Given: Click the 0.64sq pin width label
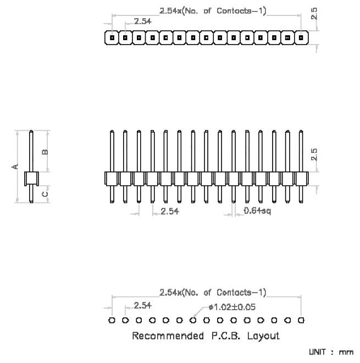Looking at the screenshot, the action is pos(257,211).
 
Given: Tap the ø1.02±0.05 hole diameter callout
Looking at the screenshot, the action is pos(232,307).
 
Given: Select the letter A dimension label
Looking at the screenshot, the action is pos(15,167).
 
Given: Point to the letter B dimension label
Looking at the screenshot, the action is pos(45,152).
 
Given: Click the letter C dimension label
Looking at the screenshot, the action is pos(45,194).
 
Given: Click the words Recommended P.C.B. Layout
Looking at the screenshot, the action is pos(206,335).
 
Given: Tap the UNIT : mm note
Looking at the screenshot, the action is pos(331,352).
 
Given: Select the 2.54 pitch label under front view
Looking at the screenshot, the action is pos(170,211).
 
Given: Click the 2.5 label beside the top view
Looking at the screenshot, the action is pos(314,14).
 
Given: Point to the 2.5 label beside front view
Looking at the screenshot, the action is pos(314,155).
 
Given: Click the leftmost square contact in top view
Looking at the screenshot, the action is pos(112,37).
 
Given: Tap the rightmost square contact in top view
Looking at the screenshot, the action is pos(301,37).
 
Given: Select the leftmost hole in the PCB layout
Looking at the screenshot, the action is pos(112,321).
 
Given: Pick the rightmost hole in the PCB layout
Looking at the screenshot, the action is pos(301,321).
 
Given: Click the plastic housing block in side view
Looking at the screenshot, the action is pos(31,179).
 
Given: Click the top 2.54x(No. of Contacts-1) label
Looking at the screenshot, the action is pos(213,11).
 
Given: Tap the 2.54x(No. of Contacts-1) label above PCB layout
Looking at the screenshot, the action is pos(213,293).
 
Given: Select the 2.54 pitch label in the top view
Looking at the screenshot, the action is pos(143,21).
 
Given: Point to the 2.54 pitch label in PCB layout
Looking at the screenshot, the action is pos(143,306).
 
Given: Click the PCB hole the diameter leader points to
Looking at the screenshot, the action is pos(193,321).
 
